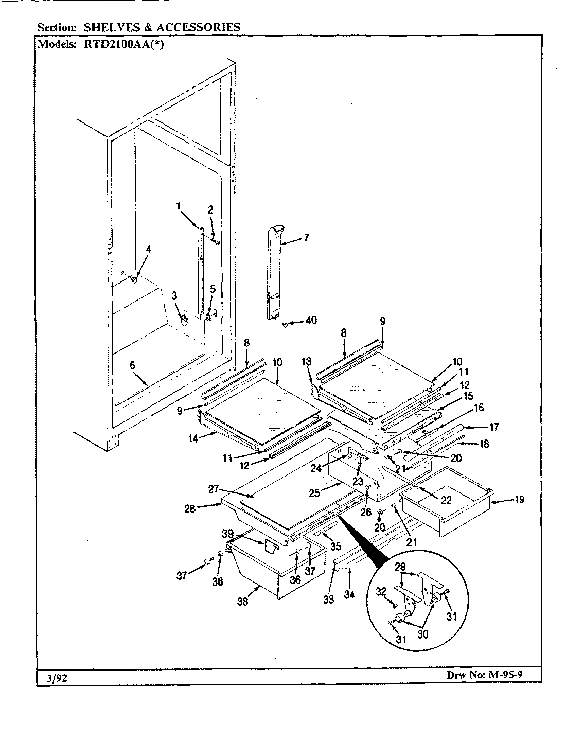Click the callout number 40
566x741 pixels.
(x=311, y=320)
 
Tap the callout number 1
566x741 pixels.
(x=178, y=206)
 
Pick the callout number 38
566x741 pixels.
(x=242, y=601)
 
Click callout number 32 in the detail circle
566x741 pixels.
(x=381, y=592)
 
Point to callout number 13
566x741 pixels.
(x=307, y=362)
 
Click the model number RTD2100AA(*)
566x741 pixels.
(x=122, y=44)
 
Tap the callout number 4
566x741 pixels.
(x=149, y=249)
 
